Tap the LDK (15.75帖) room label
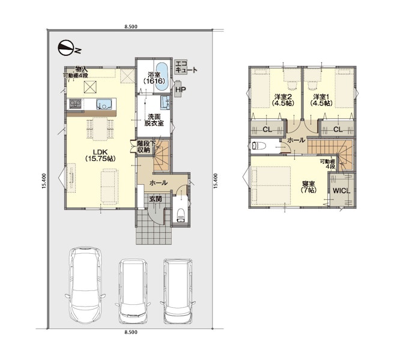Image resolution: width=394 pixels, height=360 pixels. tap(100, 155)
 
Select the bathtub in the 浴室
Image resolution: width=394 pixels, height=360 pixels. tap(162, 77)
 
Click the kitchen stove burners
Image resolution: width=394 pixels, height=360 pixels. tap(75, 104)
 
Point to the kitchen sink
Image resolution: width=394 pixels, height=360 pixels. tap(105, 104)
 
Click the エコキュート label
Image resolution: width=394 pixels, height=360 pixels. tap(186, 67)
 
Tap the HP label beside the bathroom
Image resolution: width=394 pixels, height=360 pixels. tap(181, 89)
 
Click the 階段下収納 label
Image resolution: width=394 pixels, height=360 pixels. tap(147, 147)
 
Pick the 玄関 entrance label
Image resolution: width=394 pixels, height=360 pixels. tap(156, 199)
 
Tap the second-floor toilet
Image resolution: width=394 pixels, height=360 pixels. tap(258, 146)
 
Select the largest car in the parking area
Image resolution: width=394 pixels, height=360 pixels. tap(85, 285)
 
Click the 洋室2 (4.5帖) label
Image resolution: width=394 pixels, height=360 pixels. tap(283, 100)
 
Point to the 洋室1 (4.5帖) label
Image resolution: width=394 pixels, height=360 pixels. tap(321, 100)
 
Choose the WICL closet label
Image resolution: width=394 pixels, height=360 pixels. tap(342, 191)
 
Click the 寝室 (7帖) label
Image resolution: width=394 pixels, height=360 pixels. tap(309, 187)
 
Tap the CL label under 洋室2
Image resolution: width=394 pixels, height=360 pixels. tap(267, 130)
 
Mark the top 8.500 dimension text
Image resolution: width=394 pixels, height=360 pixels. tap(131, 26)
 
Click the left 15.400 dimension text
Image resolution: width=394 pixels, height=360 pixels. tap(44, 181)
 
